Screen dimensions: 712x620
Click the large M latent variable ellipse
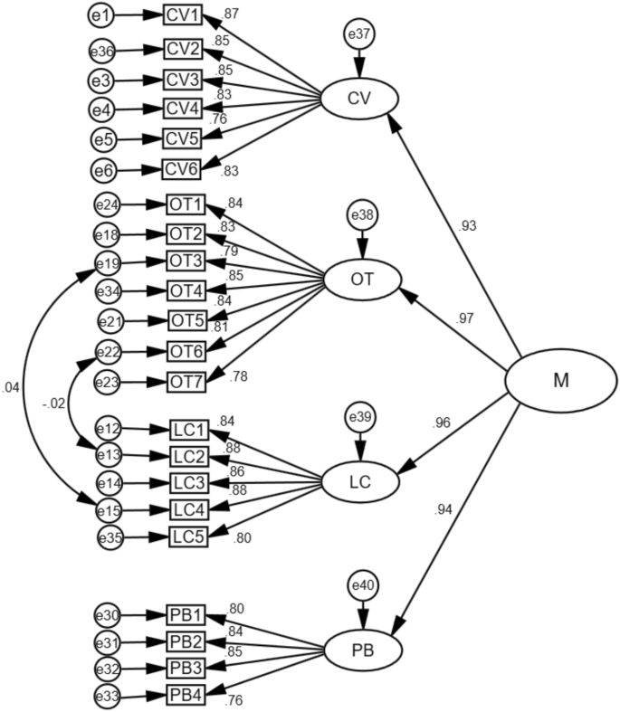560,381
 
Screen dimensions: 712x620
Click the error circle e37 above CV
359,35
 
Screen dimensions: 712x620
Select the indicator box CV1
184,16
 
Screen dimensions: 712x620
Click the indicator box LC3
190,483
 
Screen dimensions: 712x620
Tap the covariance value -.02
52,404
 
